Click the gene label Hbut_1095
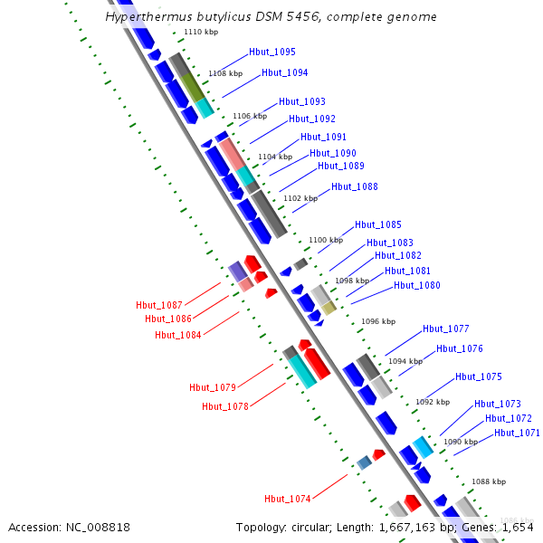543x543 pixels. [x=271, y=52]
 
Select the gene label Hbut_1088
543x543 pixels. [x=354, y=186]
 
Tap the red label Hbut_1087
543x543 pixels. [x=159, y=305]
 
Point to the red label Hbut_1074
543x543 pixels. [x=288, y=499]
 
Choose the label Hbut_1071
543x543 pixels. [x=517, y=433]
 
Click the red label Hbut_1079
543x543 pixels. [x=213, y=387]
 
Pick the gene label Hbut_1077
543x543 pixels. [x=445, y=329]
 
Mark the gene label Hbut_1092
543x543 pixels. [x=312, y=119]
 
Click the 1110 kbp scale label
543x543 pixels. [x=199, y=32]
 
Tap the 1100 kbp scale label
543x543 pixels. [x=326, y=240]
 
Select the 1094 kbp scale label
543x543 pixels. [x=405, y=361]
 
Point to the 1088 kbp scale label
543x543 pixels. [x=489, y=481]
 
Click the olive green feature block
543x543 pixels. [x=192, y=87]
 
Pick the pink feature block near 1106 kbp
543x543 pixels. [x=232, y=155]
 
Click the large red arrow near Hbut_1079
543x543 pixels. [x=316, y=363]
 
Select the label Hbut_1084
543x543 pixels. [x=177, y=334]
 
